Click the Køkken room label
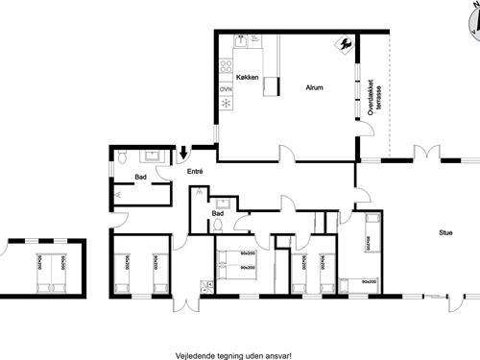[x=239, y=77]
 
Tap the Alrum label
[x=313, y=87]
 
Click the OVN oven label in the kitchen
[x=226, y=89]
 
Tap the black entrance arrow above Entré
[x=183, y=153]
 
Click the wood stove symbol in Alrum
[x=343, y=43]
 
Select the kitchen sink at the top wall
[x=242, y=40]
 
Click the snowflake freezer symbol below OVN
[x=226, y=102]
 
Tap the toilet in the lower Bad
[x=218, y=225]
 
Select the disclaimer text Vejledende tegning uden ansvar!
[x=234, y=353]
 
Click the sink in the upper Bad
[x=150, y=156]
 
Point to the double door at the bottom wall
[x=184, y=303]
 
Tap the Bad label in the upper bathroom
[x=140, y=177]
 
